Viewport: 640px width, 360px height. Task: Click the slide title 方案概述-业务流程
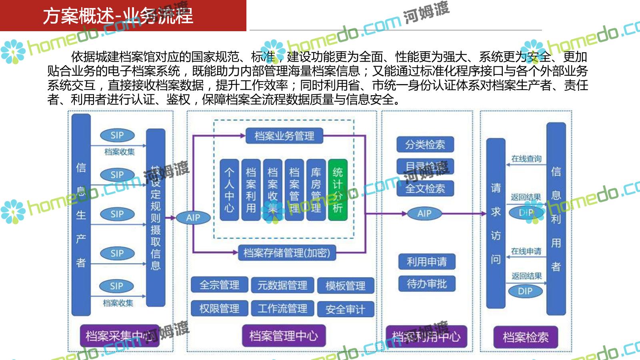click(118, 16)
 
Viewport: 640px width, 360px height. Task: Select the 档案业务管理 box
click(284, 136)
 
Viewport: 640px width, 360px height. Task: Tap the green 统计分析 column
click(338, 190)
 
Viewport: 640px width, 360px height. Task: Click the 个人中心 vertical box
click(229, 190)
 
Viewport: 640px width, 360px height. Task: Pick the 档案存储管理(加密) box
click(287, 253)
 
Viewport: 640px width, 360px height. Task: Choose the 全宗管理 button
click(219, 285)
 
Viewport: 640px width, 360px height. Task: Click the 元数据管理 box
click(282, 285)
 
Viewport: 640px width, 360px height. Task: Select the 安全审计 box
click(345, 309)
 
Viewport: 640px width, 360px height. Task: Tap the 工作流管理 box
click(282, 309)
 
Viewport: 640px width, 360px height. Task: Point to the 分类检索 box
click(425, 144)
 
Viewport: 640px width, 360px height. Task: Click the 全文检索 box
click(425, 188)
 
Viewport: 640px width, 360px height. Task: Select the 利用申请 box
click(426, 262)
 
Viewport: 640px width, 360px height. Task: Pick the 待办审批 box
click(426, 284)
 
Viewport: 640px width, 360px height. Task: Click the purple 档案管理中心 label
click(284, 336)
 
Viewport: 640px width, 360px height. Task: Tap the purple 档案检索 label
click(525, 337)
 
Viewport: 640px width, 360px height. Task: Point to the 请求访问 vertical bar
click(496, 223)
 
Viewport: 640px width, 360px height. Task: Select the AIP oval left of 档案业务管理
click(193, 218)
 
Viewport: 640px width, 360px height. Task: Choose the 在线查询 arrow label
click(526, 159)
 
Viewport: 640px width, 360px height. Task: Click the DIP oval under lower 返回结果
click(525, 291)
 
